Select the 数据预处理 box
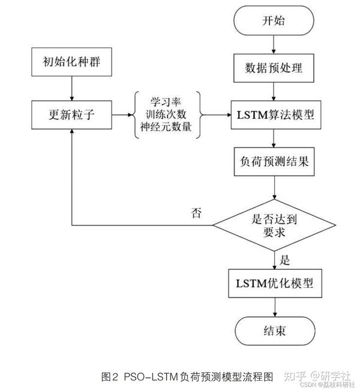click(274, 68)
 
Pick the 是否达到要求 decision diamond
click(274, 226)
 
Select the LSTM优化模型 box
click(274, 282)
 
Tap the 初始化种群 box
click(71, 61)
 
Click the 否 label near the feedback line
click(196, 212)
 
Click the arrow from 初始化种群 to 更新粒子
click(71, 87)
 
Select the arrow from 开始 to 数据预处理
click(274, 44)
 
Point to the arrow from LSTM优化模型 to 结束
click(274, 308)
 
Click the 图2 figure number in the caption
click(110, 377)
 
